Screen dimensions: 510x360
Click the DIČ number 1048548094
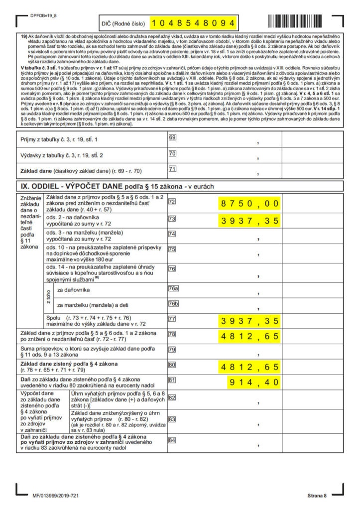click(x=192, y=23)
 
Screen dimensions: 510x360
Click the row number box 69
click(x=173, y=137)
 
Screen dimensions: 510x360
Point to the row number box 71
click(x=173, y=169)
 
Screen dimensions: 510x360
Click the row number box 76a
click(x=173, y=288)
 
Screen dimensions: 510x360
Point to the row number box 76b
click(x=173, y=303)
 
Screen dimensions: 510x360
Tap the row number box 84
click(x=173, y=440)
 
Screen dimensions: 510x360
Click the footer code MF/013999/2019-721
click(x=56, y=496)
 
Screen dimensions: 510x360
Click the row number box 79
click(x=173, y=349)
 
